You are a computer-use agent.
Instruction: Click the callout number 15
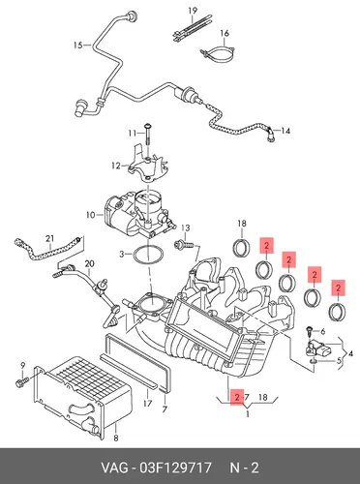[x=78, y=45]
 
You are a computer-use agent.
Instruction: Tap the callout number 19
[x=193, y=11]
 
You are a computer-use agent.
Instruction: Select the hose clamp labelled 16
[x=219, y=53]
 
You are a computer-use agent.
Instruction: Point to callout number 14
[x=285, y=131]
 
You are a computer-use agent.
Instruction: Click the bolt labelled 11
[x=148, y=135]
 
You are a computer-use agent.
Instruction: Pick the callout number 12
[x=116, y=166]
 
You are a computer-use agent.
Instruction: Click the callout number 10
[x=91, y=214]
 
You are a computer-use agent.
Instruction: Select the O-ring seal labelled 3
[x=148, y=256]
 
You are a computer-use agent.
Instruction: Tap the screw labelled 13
[x=183, y=244]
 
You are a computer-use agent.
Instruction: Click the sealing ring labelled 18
[x=241, y=247]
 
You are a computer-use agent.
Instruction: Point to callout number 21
[x=49, y=239]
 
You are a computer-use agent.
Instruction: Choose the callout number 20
[x=89, y=264]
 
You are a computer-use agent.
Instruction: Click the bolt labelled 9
[x=21, y=382]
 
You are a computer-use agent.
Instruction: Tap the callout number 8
[x=116, y=438]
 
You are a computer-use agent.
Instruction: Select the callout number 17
[x=147, y=404]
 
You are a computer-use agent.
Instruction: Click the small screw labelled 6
[x=310, y=330]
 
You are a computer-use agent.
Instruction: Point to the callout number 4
[x=351, y=353]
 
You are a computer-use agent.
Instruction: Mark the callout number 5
[x=339, y=360]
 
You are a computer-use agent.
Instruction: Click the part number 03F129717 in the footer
[x=175, y=468]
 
